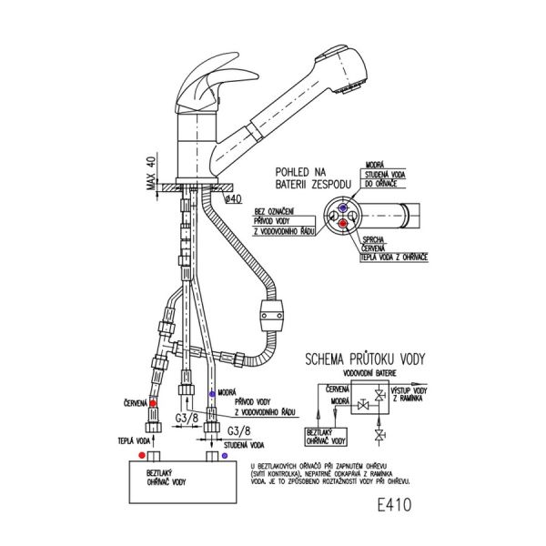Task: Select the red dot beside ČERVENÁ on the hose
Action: (x=153, y=402)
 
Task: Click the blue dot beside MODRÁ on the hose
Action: (x=212, y=393)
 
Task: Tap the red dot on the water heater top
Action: (x=140, y=452)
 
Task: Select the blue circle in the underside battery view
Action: (x=340, y=207)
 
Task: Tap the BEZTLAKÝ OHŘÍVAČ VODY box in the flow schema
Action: (x=326, y=437)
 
